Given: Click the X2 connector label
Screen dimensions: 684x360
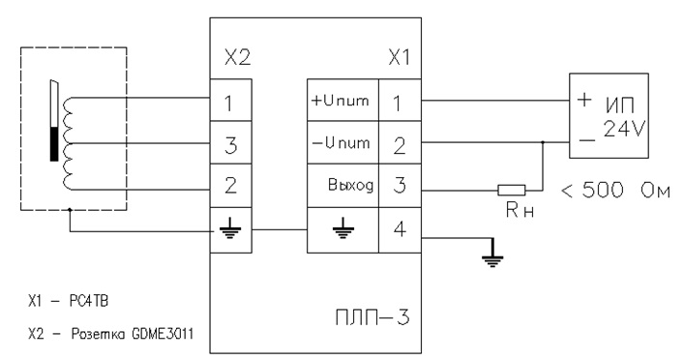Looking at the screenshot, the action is [x=238, y=57].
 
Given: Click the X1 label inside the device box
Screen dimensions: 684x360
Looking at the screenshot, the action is [x=400, y=57].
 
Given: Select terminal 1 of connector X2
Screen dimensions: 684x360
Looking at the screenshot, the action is [x=231, y=100].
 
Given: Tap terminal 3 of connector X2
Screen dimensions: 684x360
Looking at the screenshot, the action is [x=231, y=142].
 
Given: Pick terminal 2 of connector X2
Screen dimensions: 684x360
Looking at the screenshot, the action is [x=231, y=186].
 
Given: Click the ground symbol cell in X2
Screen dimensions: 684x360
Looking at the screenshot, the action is [x=231, y=230].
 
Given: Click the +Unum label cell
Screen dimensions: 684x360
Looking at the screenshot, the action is [x=342, y=100].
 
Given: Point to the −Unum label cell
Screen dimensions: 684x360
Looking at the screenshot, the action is [x=342, y=142].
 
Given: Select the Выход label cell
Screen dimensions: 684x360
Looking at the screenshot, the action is [x=342, y=186].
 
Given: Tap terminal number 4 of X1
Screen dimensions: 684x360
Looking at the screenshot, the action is [x=400, y=230].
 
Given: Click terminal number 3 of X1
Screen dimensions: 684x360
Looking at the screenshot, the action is [x=400, y=186].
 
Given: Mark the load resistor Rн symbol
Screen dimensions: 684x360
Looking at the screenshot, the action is [x=512, y=190].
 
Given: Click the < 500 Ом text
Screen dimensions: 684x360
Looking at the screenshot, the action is [x=615, y=191].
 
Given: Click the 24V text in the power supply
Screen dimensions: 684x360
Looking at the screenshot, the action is [x=624, y=129].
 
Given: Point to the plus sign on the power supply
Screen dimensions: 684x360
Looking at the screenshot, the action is [x=583, y=100].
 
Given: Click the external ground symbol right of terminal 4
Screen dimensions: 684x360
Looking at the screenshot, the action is [x=492, y=257].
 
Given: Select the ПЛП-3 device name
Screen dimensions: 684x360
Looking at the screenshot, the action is [x=372, y=317].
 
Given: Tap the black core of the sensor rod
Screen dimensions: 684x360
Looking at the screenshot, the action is [x=54, y=144].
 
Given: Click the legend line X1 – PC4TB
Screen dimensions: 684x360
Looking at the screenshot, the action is [x=68, y=301].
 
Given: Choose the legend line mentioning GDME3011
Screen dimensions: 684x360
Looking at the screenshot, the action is [x=111, y=334].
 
